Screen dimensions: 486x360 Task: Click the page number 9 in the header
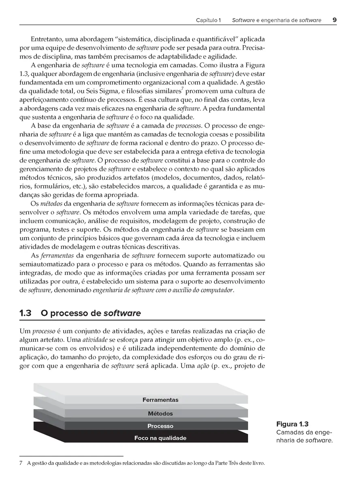click(334, 19)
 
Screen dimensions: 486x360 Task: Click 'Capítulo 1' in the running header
click(208, 20)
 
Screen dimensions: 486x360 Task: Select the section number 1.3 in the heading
click(25, 313)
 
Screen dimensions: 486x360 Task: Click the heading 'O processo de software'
click(91, 313)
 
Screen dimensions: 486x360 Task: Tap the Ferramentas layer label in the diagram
click(160, 400)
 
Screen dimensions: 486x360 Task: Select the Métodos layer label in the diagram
click(160, 414)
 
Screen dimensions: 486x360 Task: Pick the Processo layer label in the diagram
click(160, 426)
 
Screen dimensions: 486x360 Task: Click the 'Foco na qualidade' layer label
click(160, 438)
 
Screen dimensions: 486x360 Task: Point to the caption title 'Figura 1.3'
click(292, 424)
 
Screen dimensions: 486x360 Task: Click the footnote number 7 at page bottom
click(21, 463)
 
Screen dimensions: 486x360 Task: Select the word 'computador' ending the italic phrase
click(218, 290)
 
